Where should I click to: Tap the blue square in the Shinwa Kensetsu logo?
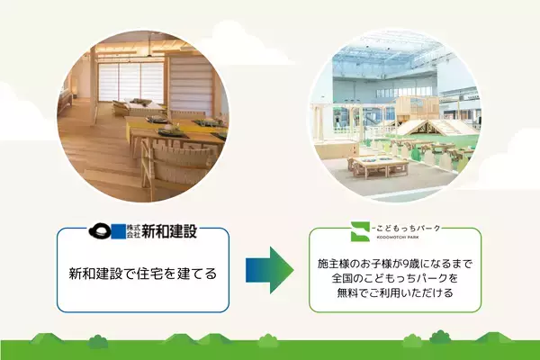coord(120,231)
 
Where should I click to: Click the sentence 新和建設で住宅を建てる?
coord(143,273)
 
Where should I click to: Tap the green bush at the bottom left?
coord(98,340)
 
